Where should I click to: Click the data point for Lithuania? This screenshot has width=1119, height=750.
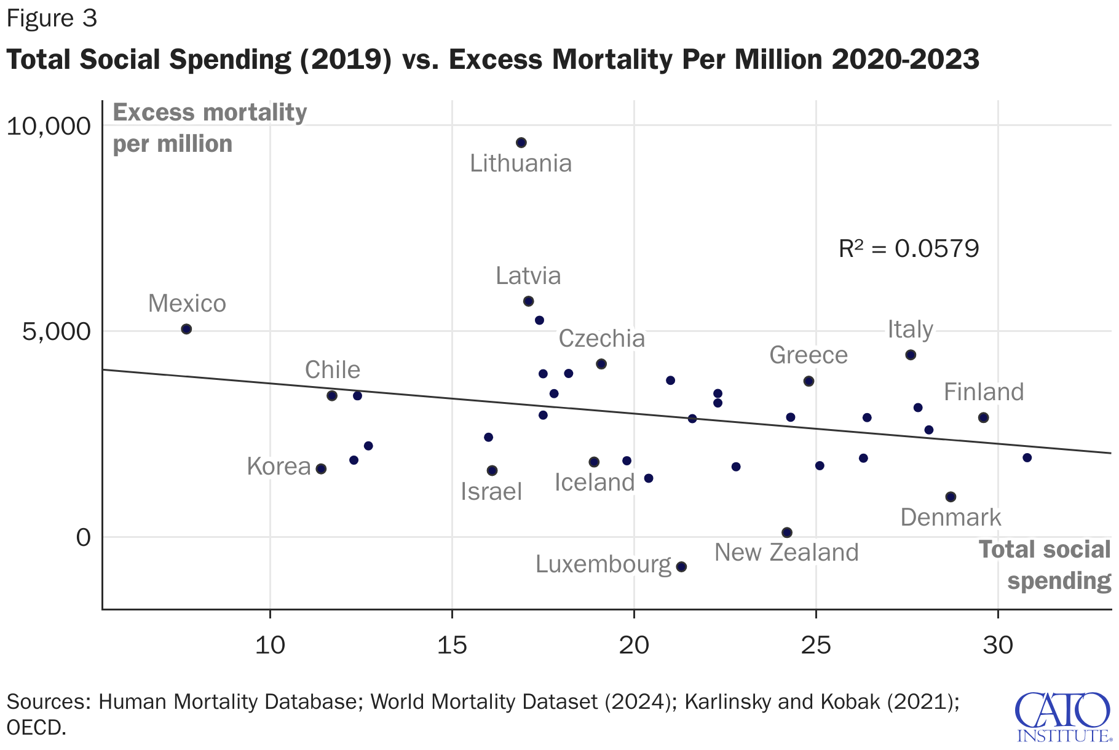point(521,143)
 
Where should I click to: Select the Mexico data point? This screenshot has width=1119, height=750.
point(186,329)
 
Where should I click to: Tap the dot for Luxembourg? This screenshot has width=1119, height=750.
point(681,567)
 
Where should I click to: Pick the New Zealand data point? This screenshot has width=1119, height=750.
point(787,532)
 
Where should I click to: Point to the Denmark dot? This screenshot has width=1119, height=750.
point(951,497)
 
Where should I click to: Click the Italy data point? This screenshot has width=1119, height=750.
point(911,355)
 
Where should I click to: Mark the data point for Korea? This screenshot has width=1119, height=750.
point(321,468)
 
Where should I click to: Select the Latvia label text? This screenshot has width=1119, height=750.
point(528,276)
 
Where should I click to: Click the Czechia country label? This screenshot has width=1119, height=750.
point(601,339)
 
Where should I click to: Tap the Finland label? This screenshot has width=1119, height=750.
point(984,392)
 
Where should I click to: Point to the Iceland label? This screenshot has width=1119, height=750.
point(595,483)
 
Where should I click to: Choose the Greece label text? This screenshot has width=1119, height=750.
point(809,355)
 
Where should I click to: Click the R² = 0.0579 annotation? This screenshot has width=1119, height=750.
point(909,248)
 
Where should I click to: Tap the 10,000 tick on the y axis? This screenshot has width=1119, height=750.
point(48,126)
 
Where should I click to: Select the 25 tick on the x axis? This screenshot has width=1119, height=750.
point(816,645)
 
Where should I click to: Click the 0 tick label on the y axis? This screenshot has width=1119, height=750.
point(83,537)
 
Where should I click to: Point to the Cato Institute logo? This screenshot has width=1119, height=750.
point(1063,717)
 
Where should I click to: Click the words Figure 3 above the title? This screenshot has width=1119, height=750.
point(52,19)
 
